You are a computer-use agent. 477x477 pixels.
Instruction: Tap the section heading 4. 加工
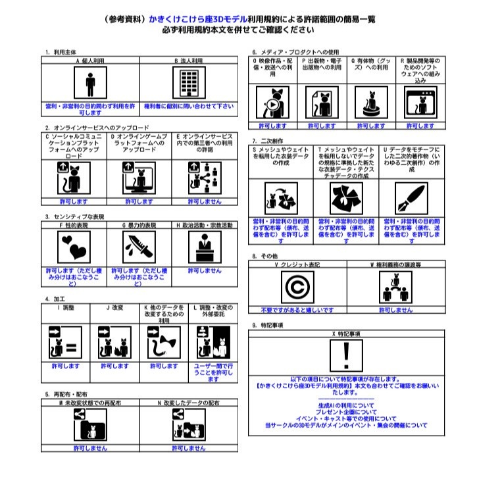[55, 299]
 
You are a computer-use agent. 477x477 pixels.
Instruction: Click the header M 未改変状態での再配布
[90, 401]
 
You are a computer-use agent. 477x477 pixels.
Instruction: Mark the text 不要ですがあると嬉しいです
[297, 309]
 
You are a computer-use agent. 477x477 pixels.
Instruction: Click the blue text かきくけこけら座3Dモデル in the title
[192, 19]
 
